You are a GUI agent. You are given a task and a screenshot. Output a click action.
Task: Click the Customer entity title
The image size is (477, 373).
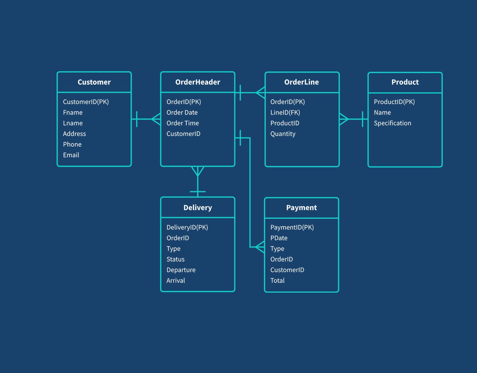[94, 82]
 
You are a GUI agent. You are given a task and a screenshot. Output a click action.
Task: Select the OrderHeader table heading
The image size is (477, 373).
[198, 82]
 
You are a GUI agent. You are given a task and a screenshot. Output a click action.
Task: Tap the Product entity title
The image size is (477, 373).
[405, 82]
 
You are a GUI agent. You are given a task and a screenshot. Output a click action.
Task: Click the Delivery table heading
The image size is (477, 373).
[198, 208]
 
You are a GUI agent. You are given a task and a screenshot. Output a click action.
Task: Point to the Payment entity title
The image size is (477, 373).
[301, 208]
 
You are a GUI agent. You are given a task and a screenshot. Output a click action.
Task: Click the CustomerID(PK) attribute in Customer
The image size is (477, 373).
[86, 102]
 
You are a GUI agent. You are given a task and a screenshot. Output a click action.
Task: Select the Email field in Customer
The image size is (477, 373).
[71, 155]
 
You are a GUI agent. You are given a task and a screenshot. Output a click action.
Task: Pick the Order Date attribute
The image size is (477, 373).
[182, 112]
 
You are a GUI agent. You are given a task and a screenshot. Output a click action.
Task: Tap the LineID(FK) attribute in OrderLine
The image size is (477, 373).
[285, 112]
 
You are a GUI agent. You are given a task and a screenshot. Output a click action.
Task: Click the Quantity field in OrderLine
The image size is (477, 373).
[283, 134]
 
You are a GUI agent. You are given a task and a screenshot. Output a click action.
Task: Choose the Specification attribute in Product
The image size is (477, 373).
[392, 123]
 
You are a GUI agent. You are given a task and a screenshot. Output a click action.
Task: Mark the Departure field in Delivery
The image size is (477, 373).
[181, 270]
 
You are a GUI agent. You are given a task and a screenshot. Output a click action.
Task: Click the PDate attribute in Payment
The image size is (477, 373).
[278, 238]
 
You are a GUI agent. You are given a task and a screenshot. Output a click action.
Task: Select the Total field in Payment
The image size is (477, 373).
[277, 280]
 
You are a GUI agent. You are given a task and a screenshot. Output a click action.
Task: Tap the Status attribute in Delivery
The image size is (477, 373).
[175, 259]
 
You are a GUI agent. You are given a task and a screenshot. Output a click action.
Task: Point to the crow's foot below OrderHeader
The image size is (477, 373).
[198, 171]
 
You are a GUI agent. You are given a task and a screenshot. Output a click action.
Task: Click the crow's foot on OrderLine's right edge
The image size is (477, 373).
[344, 119]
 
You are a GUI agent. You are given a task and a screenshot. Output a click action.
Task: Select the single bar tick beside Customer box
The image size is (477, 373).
[137, 119]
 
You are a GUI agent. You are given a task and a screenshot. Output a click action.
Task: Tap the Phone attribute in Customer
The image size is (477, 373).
[72, 144]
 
